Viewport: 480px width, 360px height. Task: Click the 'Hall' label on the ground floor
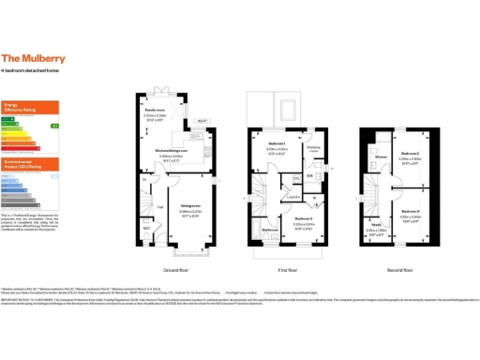(159, 206)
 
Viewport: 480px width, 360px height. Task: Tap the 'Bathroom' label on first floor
(269, 230)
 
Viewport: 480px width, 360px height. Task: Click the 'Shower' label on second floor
(382, 157)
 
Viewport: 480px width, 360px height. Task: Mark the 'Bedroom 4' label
(410, 211)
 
